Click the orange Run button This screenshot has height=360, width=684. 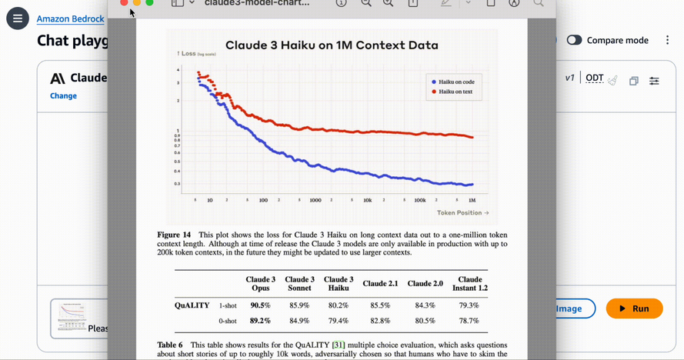point(634,308)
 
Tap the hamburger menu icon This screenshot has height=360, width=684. point(17,18)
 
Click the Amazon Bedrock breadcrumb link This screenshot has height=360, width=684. point(71,18)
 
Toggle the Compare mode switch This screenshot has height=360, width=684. point(574,40)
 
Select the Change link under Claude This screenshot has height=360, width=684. point(63,96)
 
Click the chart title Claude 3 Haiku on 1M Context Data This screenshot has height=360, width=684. point(331,45)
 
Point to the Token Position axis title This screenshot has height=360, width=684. point(462,212)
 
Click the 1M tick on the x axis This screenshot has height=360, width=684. point(472,200)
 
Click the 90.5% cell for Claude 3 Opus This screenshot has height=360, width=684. point(261,305)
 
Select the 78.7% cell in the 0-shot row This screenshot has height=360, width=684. point(469,321)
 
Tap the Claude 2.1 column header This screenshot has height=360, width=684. point(382,284)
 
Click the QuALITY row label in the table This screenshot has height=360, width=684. point(192,305)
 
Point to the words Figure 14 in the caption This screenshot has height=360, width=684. point(174,235)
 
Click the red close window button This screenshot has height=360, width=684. point(124,3)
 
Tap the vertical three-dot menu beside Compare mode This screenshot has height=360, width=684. point(667,40)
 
